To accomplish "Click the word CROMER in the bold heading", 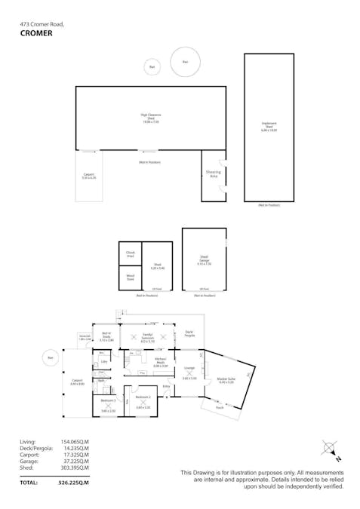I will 37,33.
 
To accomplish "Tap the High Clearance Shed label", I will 151,118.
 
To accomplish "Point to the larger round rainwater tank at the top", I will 185,62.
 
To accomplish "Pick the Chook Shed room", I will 130,255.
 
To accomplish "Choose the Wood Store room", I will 130,278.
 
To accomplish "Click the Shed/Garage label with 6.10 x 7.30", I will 204,261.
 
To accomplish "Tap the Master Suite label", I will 226,381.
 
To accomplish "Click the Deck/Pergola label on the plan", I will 189,333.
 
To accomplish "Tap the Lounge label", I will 189,369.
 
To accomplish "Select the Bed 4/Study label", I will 106,338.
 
